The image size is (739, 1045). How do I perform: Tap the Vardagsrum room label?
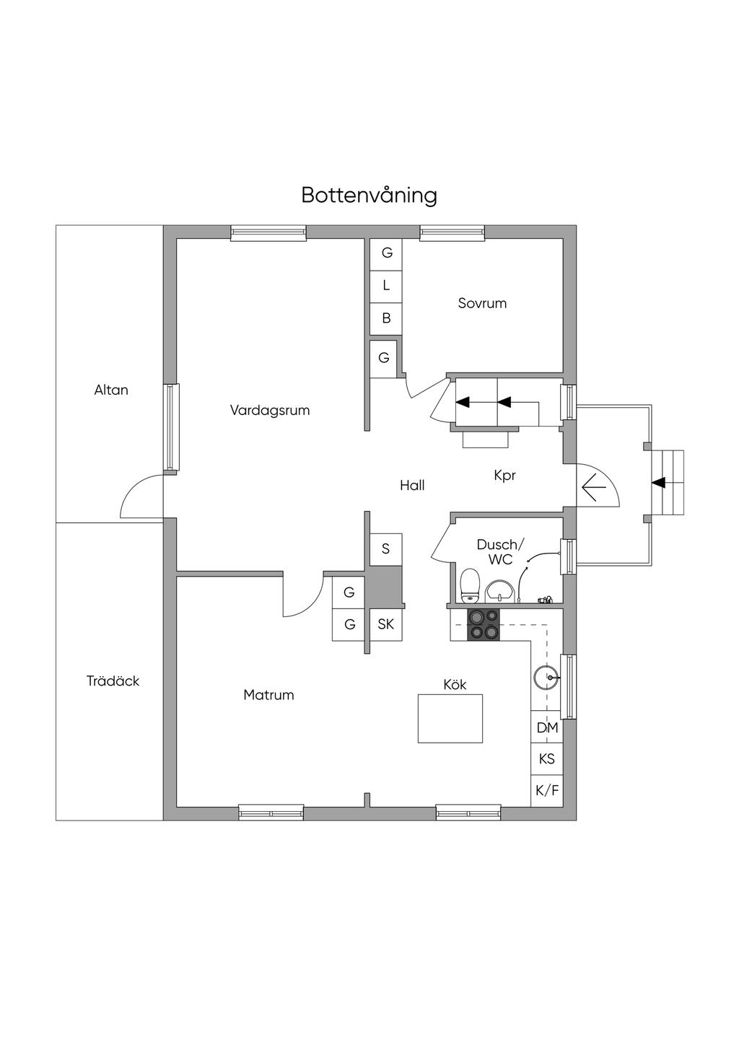pos(270,410)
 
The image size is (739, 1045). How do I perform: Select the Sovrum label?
pos(482,303)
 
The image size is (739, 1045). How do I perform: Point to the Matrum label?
pos(268,695)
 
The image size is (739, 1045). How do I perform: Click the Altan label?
pos(111,390)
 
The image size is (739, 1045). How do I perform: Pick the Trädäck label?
pos(113,681)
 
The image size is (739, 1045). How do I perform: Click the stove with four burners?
pos(484,625)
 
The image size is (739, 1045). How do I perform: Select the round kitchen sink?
pos(546,678)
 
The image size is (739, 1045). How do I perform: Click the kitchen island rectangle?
pos(450,719)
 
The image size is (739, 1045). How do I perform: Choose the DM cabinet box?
pos(547,727)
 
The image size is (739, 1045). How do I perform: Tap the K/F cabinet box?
pos(547,791)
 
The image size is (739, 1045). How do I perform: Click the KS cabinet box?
pos(547,759)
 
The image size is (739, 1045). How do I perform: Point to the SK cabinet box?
pos(386,624)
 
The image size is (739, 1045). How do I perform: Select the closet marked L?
pos(386,286)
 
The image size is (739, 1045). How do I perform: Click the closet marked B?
pos(386,318)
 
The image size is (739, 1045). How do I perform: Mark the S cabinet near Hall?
pos(386,549)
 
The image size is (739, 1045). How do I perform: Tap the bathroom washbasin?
pos(499,592)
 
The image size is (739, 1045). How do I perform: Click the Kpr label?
pos(504,476)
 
